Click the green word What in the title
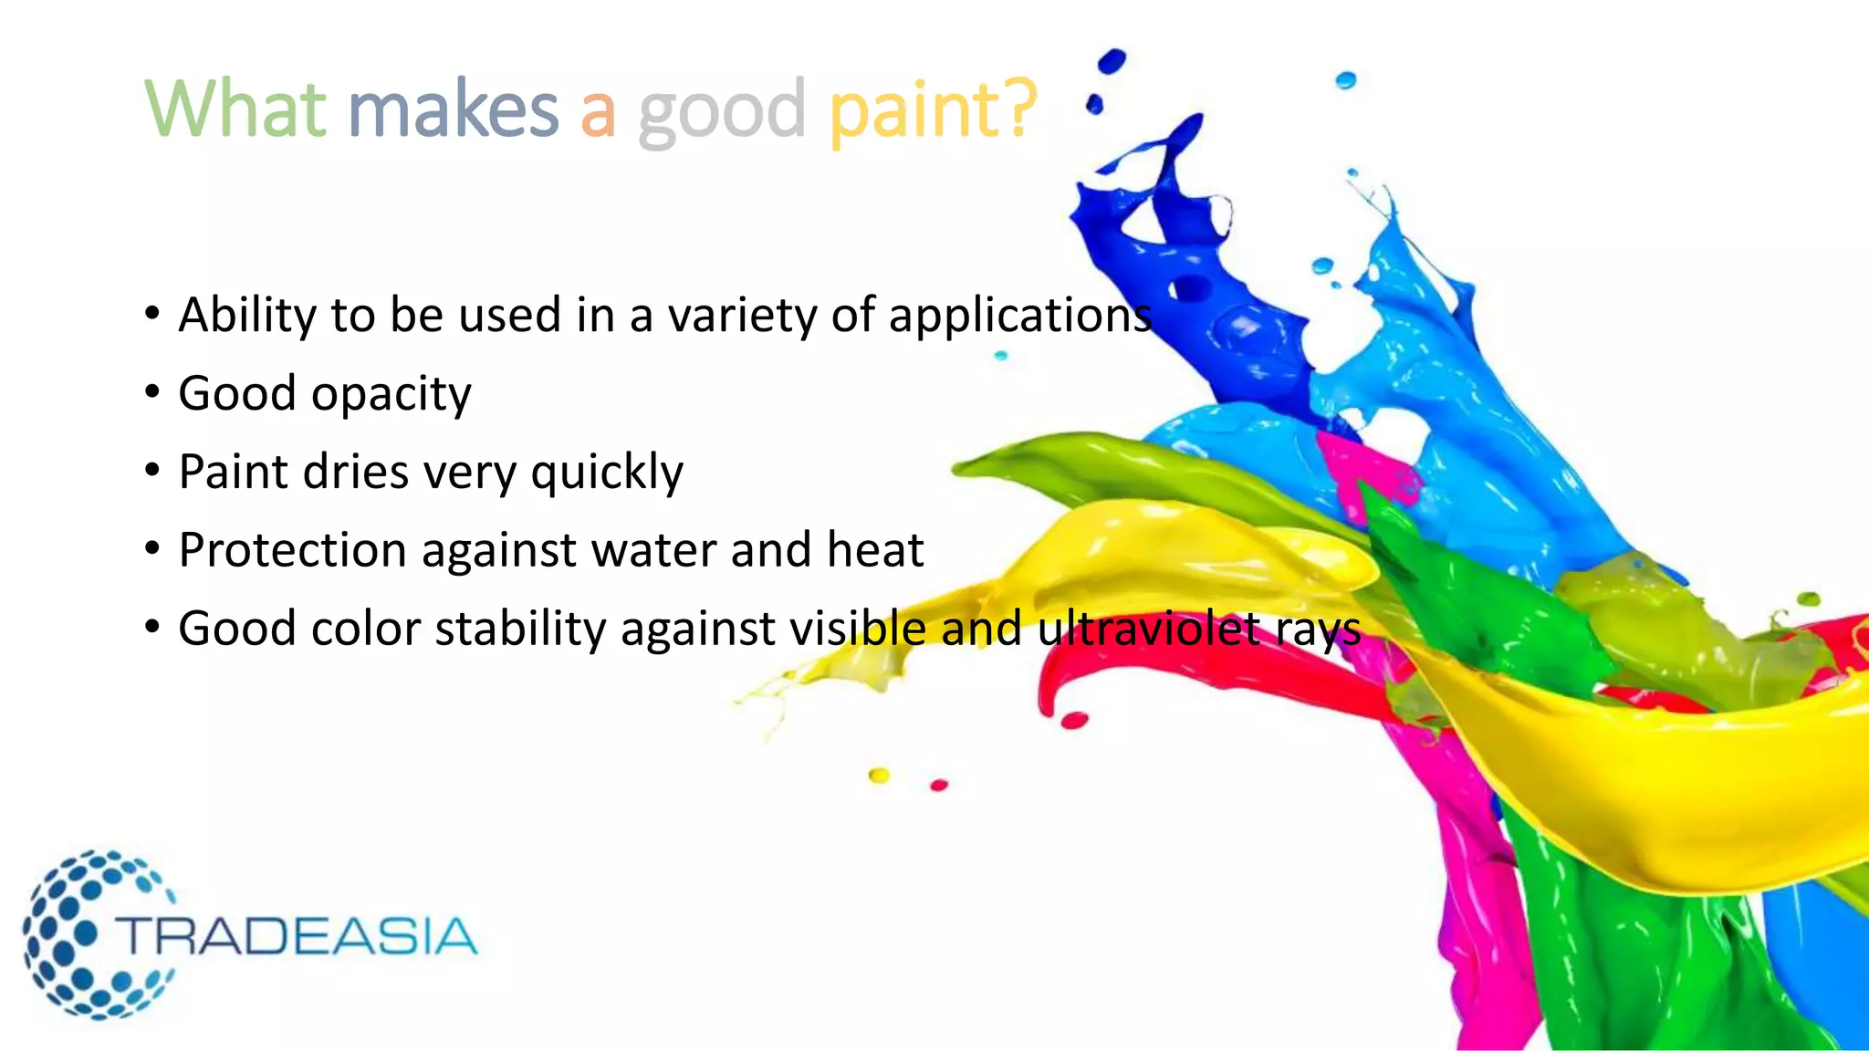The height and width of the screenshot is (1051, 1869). click(x=235, y=109)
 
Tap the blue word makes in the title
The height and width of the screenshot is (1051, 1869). click(x=453, y=109)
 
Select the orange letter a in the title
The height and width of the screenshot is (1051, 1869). click(x=598, y=112)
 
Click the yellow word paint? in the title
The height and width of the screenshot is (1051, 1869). click(x=933, y=112)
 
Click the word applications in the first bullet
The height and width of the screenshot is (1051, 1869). click(x=1019, y=317)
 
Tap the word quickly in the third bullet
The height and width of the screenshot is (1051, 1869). click(x=607, y=473)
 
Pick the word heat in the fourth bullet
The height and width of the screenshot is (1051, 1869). click(x=874, y=550)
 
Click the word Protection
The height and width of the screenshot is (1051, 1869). click(x=292, y=551)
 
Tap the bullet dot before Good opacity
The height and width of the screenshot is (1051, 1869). click(x=152, y=393)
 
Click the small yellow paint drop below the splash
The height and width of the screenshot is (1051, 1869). click(x=879, y=775)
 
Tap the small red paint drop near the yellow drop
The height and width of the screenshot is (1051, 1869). click(x=939, y=785)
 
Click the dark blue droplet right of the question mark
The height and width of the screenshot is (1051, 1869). click(x=1111, y=62)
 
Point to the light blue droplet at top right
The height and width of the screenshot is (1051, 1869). click(x=1346, y=80)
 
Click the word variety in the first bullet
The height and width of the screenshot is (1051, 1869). click(x=742, y=317)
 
